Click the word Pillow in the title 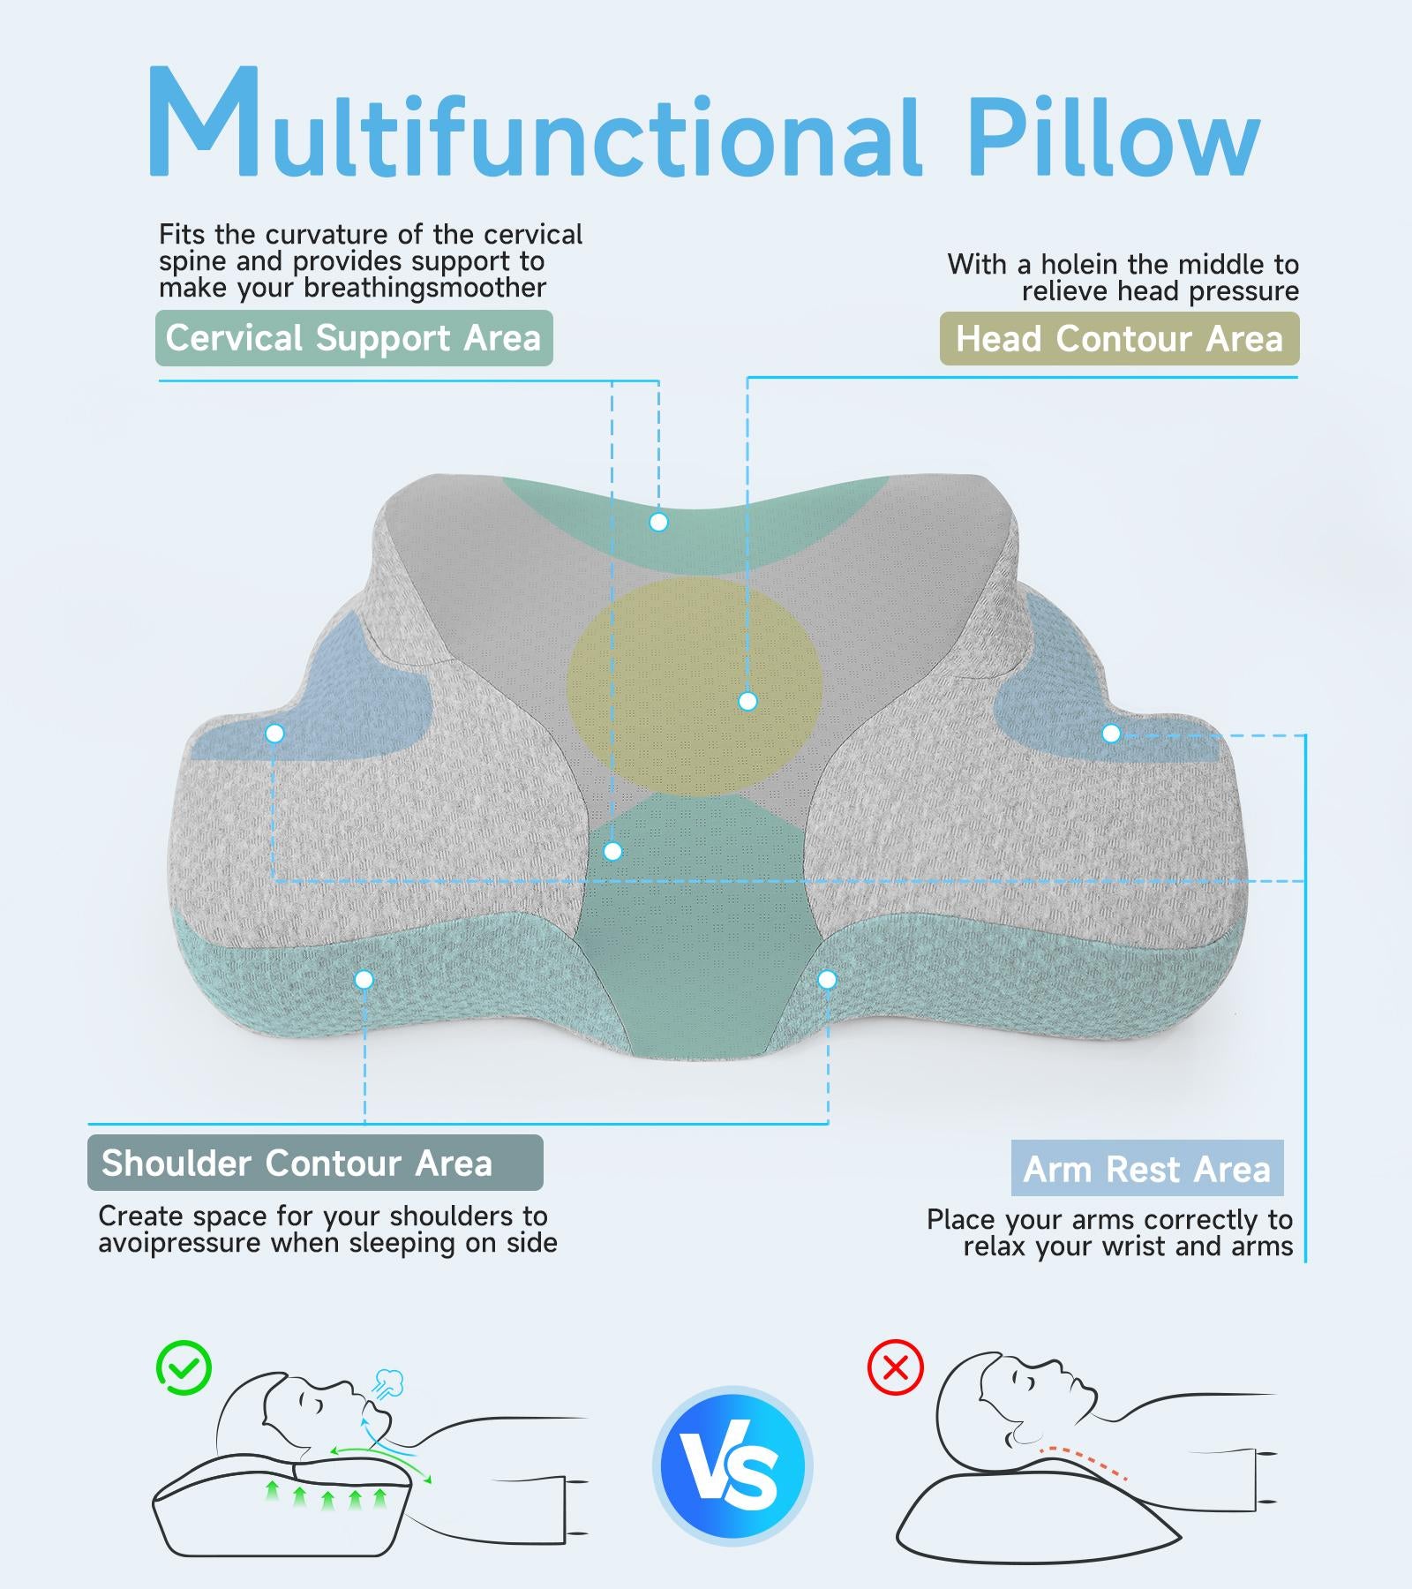1114,134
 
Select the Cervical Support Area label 354,338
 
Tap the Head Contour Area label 1119,338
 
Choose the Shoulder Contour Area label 315,1163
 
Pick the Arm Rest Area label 1147,1168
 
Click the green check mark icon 184,1368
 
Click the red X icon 896,1368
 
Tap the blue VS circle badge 732,1466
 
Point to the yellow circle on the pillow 695,687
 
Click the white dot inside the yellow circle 747,702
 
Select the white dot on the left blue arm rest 274,734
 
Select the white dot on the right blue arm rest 1111,734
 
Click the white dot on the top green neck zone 657,523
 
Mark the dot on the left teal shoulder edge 364,979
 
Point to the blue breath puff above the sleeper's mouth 388,1383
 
